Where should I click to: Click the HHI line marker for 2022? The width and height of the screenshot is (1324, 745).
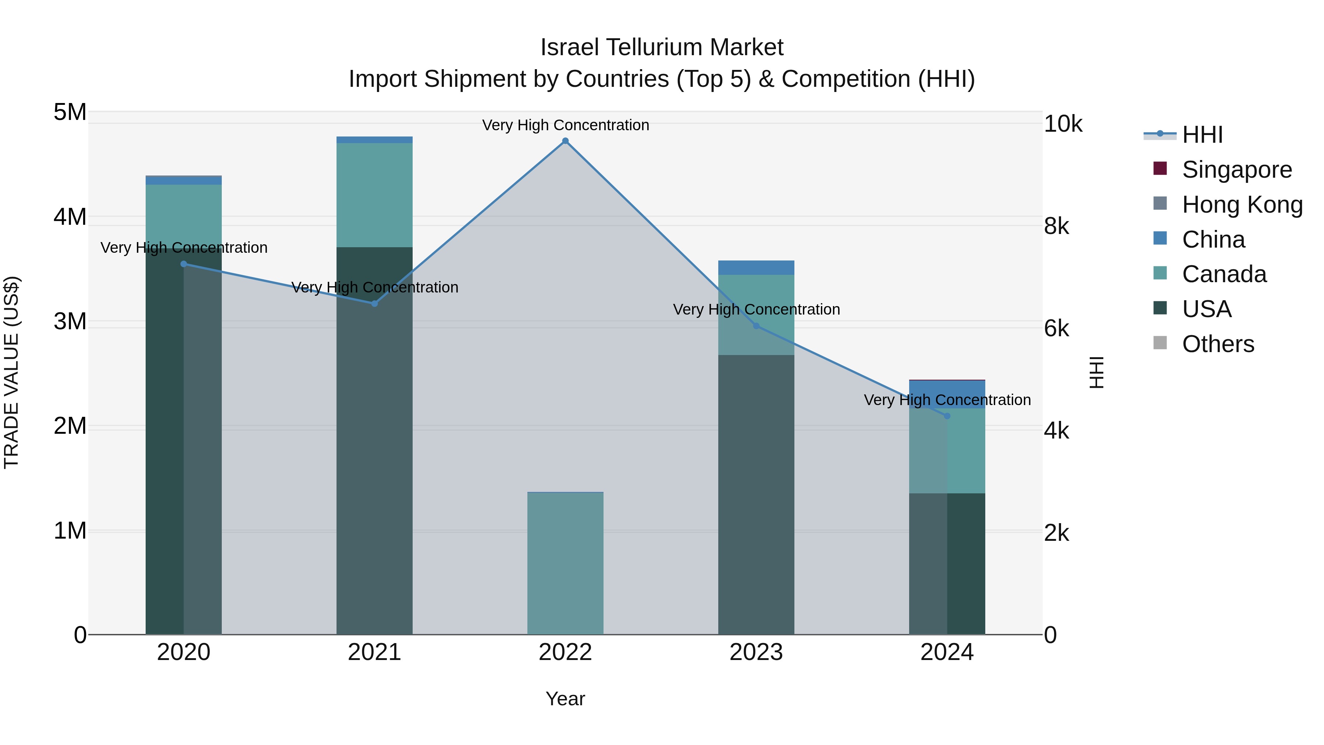coord(565,141)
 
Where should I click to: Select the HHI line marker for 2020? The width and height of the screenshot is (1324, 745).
coord(184,264)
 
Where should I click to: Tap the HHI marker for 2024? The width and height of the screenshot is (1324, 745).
coord(947,416)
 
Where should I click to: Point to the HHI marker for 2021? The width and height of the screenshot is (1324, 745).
coord(375,304)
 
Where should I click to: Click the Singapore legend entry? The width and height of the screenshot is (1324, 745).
coord(1236,170)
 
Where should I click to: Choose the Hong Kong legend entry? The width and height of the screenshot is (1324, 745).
coord(1242,205)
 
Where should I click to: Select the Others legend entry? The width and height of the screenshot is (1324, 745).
coord(1218,344)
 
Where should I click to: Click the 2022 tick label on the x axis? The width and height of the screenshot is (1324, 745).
coord(565,652)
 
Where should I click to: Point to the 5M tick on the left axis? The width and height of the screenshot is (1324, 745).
coord(70,112)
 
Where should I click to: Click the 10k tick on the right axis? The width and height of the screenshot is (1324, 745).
coord(1063,124)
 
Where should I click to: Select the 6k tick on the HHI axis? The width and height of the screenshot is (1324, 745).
coord(1056,329)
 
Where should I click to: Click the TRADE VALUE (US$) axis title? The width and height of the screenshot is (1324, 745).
coord(11,372)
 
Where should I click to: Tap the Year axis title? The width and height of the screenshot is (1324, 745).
coord(565,699)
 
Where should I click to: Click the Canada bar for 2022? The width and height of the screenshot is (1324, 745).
coord(565,563)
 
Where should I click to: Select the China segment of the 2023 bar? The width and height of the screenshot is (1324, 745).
coord(756,267)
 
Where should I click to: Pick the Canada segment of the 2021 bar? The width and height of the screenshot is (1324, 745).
coord(375,195)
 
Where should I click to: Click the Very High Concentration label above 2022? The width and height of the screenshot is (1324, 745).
coord(565,125)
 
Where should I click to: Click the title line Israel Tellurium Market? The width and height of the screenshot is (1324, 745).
coord(662,47)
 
